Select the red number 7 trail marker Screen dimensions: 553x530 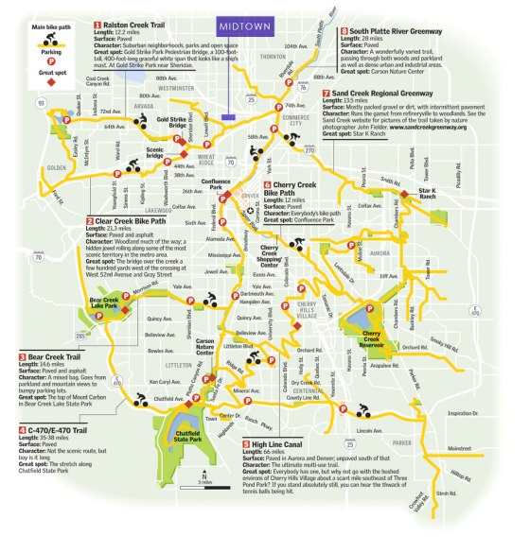click(x=325, y=94)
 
